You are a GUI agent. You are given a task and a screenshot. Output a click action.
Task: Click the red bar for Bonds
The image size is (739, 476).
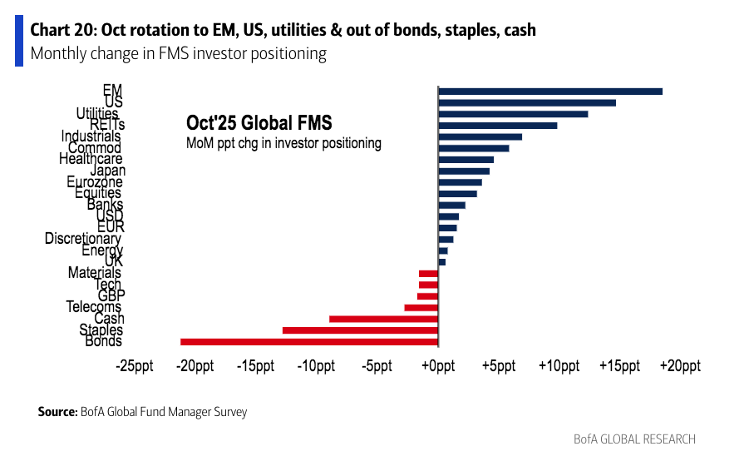309,341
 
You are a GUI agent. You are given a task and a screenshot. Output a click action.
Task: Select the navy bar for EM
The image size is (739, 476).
550,91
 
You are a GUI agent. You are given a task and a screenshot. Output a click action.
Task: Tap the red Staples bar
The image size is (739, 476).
360,330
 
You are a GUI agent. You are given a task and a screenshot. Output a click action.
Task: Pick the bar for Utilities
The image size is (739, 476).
513,114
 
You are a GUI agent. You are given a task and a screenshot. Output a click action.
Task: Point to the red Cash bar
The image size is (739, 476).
383,319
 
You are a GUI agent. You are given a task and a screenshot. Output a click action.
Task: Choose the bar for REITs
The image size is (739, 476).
497,126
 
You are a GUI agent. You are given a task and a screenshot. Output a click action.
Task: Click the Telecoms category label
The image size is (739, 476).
94,307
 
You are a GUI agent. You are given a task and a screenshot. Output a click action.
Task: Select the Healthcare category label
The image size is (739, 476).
91,159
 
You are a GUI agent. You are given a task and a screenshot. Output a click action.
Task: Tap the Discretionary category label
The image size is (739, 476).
83,239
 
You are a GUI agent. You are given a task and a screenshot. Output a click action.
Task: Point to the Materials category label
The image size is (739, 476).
95,272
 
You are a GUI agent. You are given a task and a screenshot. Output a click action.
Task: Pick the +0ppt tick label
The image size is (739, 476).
437,367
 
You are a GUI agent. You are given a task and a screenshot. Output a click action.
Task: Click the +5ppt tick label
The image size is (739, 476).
497,367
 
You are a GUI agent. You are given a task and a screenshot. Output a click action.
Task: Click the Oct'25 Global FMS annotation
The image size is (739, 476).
259,123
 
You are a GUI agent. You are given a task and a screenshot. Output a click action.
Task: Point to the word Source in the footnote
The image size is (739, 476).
57,412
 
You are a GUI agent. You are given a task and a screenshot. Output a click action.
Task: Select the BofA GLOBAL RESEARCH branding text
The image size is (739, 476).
634,439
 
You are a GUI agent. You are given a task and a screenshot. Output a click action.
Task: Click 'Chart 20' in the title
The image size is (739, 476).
62,30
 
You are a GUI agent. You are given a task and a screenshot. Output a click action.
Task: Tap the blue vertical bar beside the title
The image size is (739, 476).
19,41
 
